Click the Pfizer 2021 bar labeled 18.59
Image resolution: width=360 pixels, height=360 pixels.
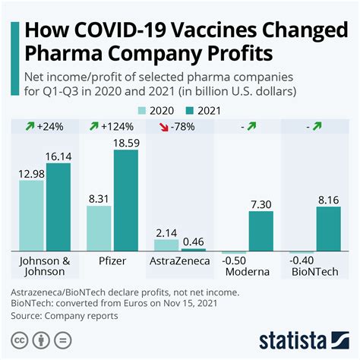coord(126,201)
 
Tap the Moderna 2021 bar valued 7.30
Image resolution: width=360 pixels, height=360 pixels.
coord(261,231)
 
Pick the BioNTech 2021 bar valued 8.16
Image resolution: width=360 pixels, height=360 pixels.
coord(328,229)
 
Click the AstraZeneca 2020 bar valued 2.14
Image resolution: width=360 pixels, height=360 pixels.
coord(166,245)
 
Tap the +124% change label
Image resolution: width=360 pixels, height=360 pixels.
coord(118,127)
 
